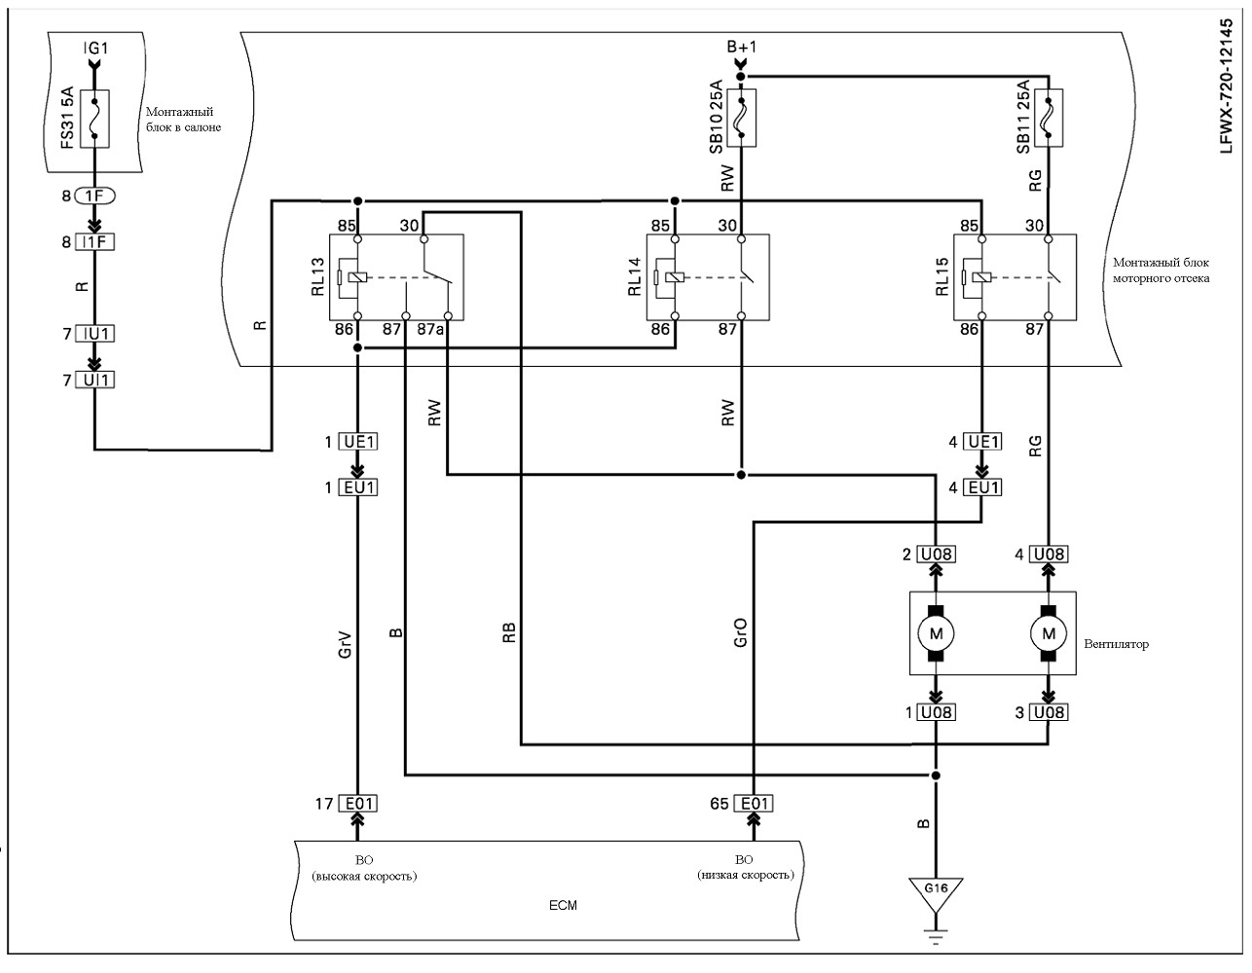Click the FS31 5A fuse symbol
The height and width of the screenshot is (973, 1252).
[x=94, y=119]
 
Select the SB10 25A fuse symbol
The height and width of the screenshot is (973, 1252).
[x=742, y=118]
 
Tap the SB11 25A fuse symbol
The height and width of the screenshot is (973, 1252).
[x=1049, y=118]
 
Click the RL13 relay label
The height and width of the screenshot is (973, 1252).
[x=318, y=277]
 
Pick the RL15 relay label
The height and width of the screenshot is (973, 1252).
[x=942, y=277]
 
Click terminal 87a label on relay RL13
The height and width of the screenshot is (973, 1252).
[x=430, y=329]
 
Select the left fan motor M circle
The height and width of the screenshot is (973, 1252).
[x=936, y=633]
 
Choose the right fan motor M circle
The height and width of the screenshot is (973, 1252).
[x=1049, y=633]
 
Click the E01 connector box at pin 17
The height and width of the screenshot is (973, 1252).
[x=358, y=803]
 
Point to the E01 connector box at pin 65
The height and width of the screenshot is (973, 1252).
[x=754, y=803]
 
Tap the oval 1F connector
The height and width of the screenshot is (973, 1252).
[x=95, y=197]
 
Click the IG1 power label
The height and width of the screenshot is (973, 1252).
[x=95, y=48]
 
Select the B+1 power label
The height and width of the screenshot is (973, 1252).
[x=742, y=47]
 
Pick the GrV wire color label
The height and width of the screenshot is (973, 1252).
[x=345, y=645]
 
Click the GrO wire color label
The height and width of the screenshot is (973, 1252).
[x=740, y=632]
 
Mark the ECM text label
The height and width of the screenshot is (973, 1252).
[x=563, y=905]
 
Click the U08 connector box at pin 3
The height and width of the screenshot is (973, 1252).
[x=1049, y=712]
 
